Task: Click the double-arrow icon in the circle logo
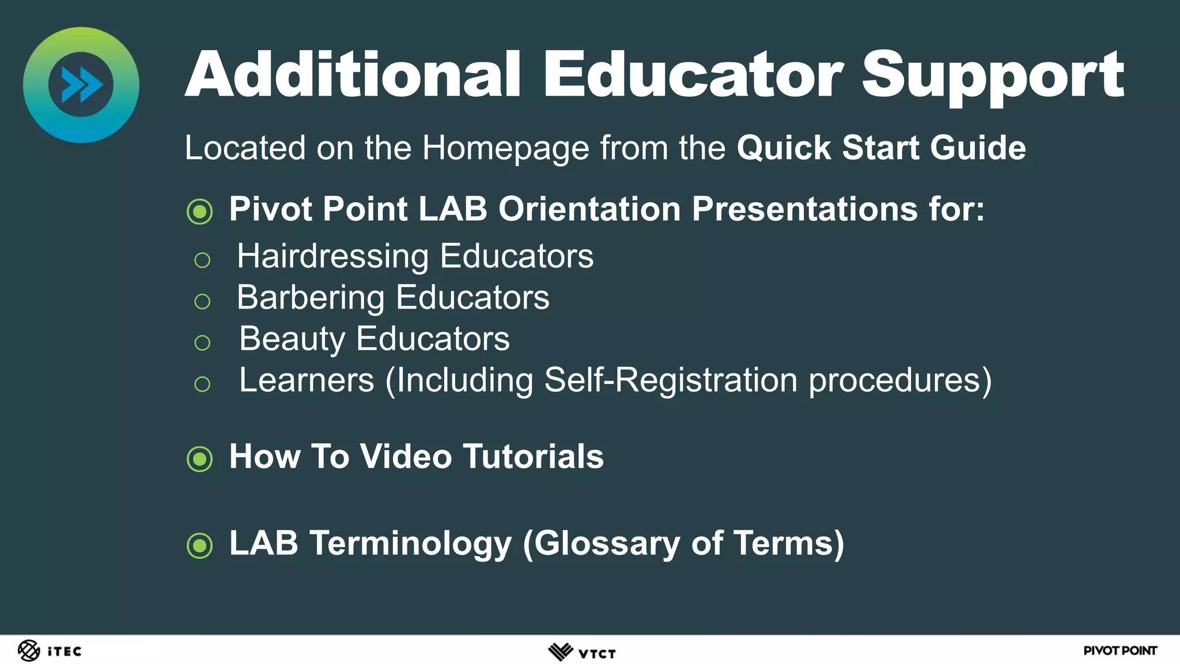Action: coord(81,85)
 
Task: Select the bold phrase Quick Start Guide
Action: coord(881,148)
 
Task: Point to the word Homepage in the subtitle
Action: coord(505,149)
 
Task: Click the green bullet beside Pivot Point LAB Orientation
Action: coord(200,212)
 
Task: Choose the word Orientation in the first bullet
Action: coord(589,209)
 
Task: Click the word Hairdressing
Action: coord(332,256)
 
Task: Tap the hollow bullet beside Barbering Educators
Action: coord(202,301)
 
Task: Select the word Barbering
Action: coord(311,298)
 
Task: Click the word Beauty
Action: coord(292,339)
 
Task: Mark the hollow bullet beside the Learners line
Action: coord(202,384)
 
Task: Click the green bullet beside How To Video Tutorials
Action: coord(200,459)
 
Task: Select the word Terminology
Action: coord(410,544)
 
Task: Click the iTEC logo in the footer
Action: coord(50,651)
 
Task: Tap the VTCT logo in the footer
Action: coord(581,652)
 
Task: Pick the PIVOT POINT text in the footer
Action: coord(1120,651)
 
